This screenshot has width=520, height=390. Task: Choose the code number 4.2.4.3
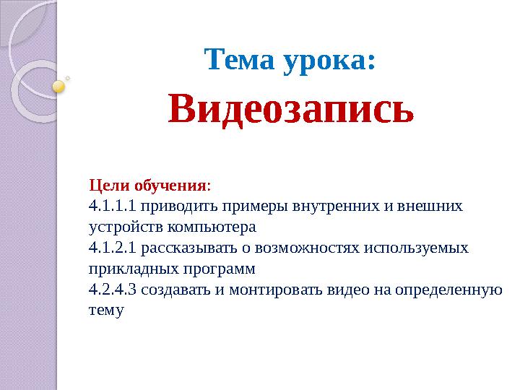(x=112, y=290)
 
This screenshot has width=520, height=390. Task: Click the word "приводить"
(x=175, y=206)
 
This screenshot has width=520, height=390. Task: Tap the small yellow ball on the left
(x=59, y=87)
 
